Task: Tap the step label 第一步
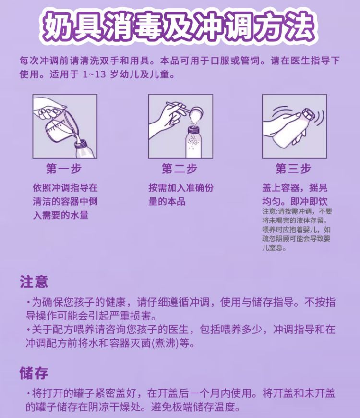(64, 169)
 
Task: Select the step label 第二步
(180, 169)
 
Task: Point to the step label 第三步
(293, 169)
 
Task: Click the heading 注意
(34, 282)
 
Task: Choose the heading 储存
(34, 373)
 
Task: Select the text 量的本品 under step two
(167, 201)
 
